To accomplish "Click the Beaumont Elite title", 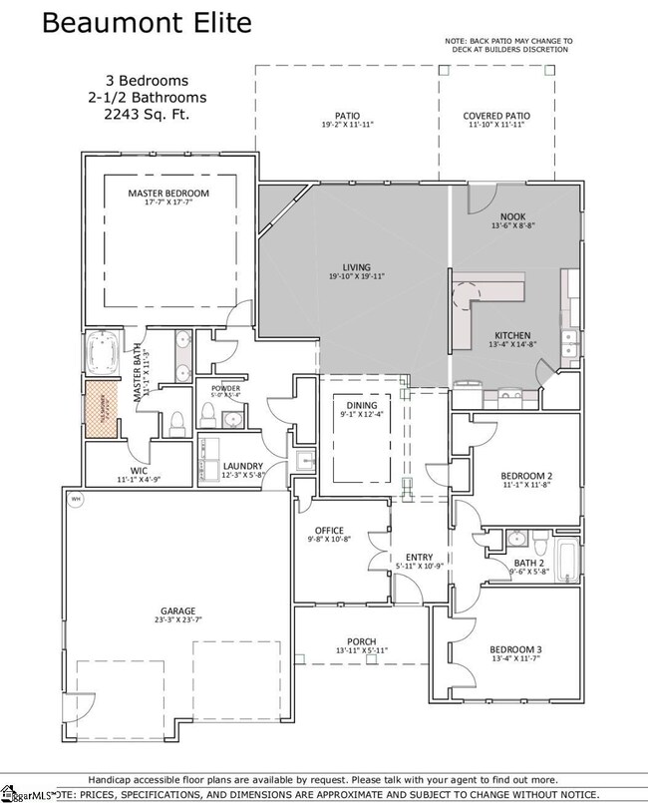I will point(147,22).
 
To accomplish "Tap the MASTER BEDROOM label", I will point(168,193).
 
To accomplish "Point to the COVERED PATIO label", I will point(496,117).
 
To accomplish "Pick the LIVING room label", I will point(356,267).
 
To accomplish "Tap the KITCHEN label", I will point(512,335).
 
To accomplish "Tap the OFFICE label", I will point(329,530).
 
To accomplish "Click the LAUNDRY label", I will point(242,465).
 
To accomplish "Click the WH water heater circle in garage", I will point(75,499).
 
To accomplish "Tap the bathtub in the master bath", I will point(103,352).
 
